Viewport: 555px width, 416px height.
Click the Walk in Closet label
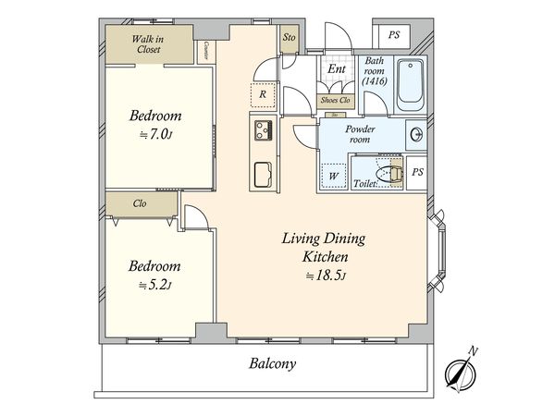(x=148, y=43)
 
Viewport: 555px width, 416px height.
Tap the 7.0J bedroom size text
(x=155, y=134)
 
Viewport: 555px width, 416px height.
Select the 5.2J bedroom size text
(x=154, y=285)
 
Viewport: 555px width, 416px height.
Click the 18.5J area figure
(x=325, y=275)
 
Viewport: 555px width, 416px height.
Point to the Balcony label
(x=272, y=363)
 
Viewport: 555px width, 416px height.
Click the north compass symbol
(x=461, y=373)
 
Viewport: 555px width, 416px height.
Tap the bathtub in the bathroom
(x=410, y=85)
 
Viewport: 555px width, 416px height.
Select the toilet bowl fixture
(x=389, y=174)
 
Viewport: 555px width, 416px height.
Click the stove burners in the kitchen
(x=264, y=130)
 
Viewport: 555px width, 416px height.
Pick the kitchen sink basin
(x=263, y=175)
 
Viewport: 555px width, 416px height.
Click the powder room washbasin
(x=416, y=134)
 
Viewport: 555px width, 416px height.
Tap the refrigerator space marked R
(x=263, y=94)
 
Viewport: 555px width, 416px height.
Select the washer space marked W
(x=333, y=176)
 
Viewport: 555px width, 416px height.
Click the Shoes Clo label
(x=335, y=100)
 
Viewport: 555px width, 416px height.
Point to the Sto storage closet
(x=290, y=37)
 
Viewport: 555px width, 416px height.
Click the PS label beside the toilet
(x=418, y=172)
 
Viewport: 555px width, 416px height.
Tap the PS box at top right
(x=394, y=35)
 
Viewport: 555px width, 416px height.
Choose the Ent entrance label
(x=337, y=68)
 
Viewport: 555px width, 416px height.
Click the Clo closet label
(x=140, y=203)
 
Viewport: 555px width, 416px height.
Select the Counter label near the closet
(x=206, y=51)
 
